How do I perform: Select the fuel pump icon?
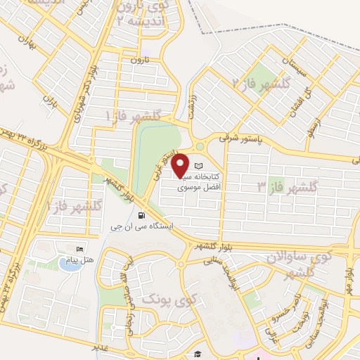pos(143,216)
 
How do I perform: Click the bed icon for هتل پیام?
pos(80,249)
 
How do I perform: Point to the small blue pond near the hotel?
pos(69,264)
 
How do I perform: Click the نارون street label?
pos(136,60)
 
